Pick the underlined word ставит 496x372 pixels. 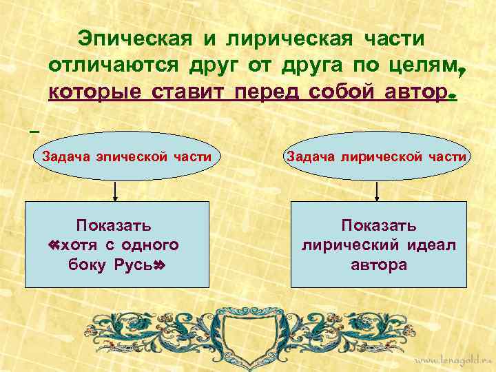click(x=186, y=92)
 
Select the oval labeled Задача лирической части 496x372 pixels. click(x=376, y=156)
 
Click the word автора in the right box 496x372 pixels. click(x=378, y=265)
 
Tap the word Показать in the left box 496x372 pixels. click(x=114, y=225)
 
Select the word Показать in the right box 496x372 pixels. click(x=378, y=225)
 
